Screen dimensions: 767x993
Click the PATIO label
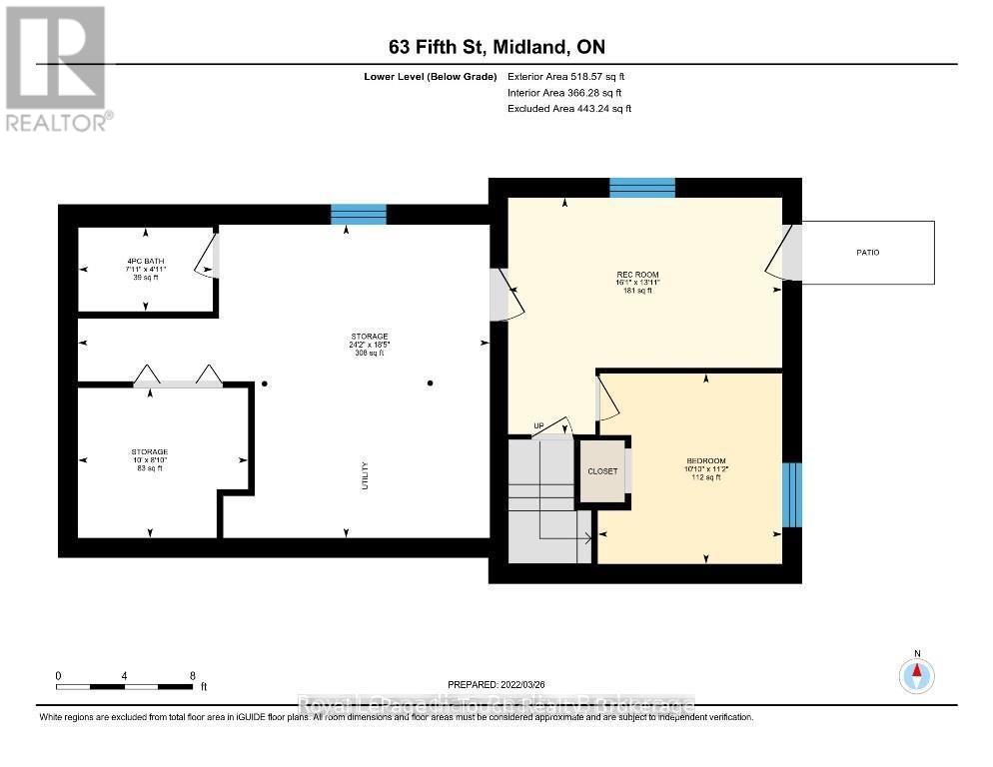click(x=867, y=253)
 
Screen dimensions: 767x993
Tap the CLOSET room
click(x=602, y=471)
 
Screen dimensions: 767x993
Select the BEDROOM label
click(x=705, y=461)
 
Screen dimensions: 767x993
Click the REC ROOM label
click(x=638, y=275)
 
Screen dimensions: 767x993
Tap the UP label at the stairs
click(x=537, y=426)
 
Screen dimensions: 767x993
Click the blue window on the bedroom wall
click(x=791, y=494)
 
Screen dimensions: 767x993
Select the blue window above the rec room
click(x=642, y=188)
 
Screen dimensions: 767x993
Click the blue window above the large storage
click(x=359, y=214)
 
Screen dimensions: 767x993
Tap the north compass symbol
click(x=916, y=675)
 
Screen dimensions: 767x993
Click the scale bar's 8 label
click(x=192, y=675)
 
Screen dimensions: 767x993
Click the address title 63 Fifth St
click(x=496, y=47)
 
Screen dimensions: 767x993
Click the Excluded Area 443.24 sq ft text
click(x=569, y=108)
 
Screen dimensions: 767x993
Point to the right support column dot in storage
click(x=431, y=383)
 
